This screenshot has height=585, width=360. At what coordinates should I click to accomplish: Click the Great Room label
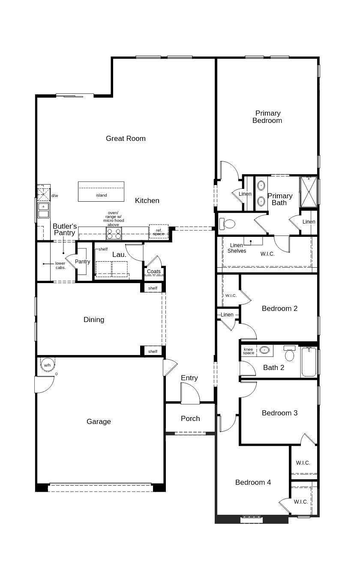click(x=126, y=138)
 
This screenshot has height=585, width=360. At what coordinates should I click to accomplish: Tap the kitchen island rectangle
click(x=101, y=191)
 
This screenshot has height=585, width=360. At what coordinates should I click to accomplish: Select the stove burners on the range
click(x=114, y=233)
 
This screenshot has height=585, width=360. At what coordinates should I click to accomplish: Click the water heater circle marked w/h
click(x=47, y=365)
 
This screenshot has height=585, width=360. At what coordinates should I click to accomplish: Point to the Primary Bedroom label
click(x=267, y=117)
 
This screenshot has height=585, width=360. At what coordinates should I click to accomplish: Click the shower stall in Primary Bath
click(x=308, y=191)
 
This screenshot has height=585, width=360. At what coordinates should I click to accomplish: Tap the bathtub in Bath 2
click(x=309, y=362)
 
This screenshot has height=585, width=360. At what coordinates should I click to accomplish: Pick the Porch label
click(x=190, y=418)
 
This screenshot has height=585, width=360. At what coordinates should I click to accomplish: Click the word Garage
click(x=99, y=421)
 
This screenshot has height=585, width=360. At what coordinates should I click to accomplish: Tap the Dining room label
click(x=94, y=319)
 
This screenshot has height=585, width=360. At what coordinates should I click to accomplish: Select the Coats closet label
click(x=154, y=272)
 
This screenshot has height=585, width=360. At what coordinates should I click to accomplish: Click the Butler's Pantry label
click(x=65, y=230)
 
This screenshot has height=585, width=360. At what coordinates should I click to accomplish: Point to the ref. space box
click(x=159, y=232)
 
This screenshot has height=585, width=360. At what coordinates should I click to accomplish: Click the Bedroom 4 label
click(x=253, y=482)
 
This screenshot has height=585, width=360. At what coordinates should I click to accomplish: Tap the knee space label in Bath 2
click(x=249, y=351)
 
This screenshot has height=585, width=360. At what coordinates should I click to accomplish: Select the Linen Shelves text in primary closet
click(x=237, y=248)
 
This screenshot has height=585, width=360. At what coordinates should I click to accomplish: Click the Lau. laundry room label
click(x=119, y=254)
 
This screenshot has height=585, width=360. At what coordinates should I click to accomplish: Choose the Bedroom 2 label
click(x=279, y=308)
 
